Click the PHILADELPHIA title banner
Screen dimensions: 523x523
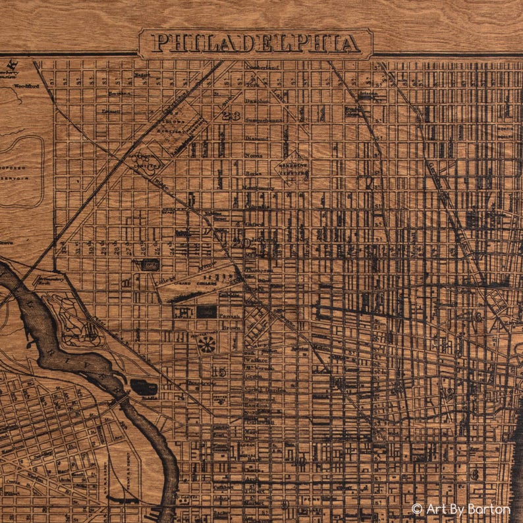coord(256,43)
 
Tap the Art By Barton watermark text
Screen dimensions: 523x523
coord(468,509)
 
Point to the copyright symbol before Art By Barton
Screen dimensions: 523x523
coord(417,509)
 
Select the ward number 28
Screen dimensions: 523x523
coord(231,116)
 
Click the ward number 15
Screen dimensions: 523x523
coord(219,372)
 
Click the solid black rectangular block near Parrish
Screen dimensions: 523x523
coord(206,311)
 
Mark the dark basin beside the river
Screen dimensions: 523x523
coord(144,387)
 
